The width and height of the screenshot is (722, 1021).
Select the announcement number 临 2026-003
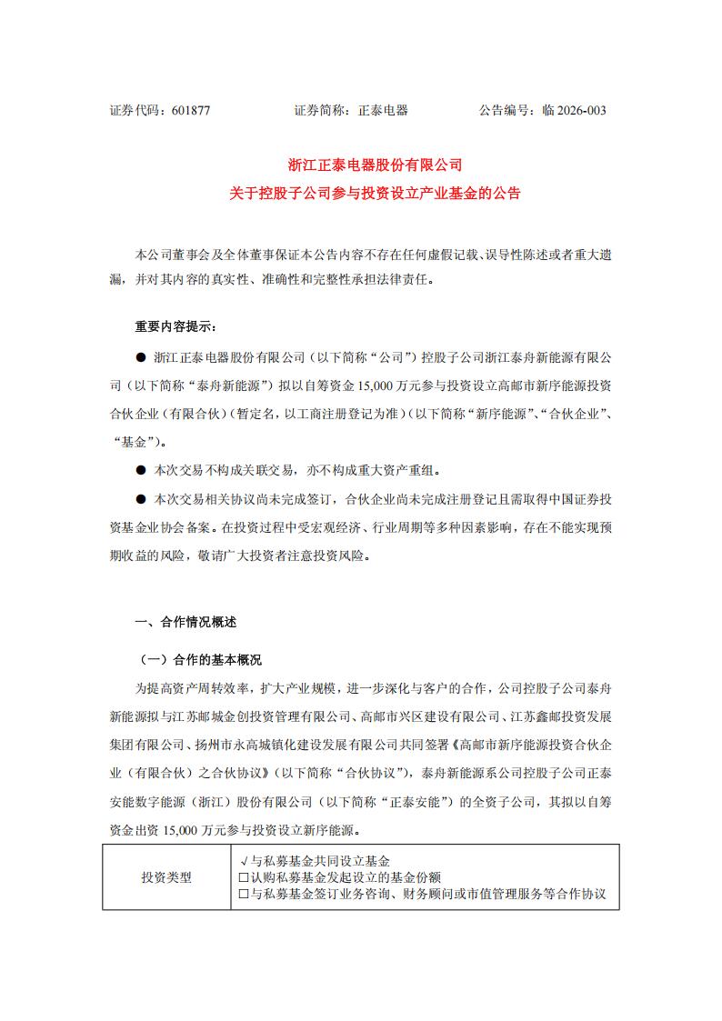click(574, 111)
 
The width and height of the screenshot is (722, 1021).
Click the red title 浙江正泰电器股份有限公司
click(376, 165)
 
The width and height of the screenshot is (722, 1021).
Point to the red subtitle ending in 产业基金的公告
click(376, 194)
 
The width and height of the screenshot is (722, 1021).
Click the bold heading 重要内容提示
click(175, 326)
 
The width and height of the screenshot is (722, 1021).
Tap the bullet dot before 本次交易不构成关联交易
click(140, 472)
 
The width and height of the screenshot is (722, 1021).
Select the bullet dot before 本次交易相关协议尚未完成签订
click(140, 500)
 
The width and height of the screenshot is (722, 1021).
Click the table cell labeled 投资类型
click(166, 877)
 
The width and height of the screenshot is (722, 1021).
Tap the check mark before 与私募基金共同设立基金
click(242, 860)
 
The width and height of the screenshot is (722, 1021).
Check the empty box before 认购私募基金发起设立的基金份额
click(243, 877)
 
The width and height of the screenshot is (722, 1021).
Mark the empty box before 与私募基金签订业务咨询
click(243, 895)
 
